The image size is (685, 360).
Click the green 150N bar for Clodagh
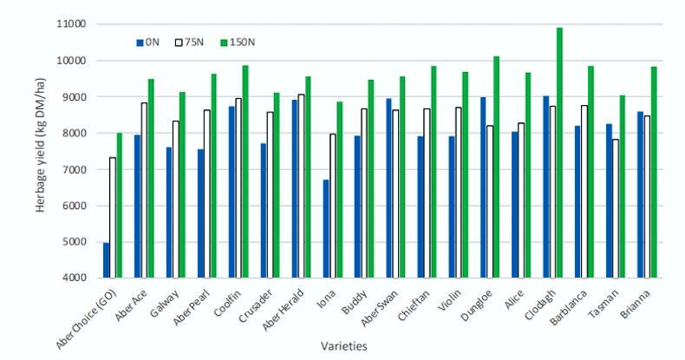click(559, 153)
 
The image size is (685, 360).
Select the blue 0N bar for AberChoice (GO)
click(106, 260)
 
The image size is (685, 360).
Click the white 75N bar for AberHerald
click(299, 186)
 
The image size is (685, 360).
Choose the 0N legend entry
click(149, 41)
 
